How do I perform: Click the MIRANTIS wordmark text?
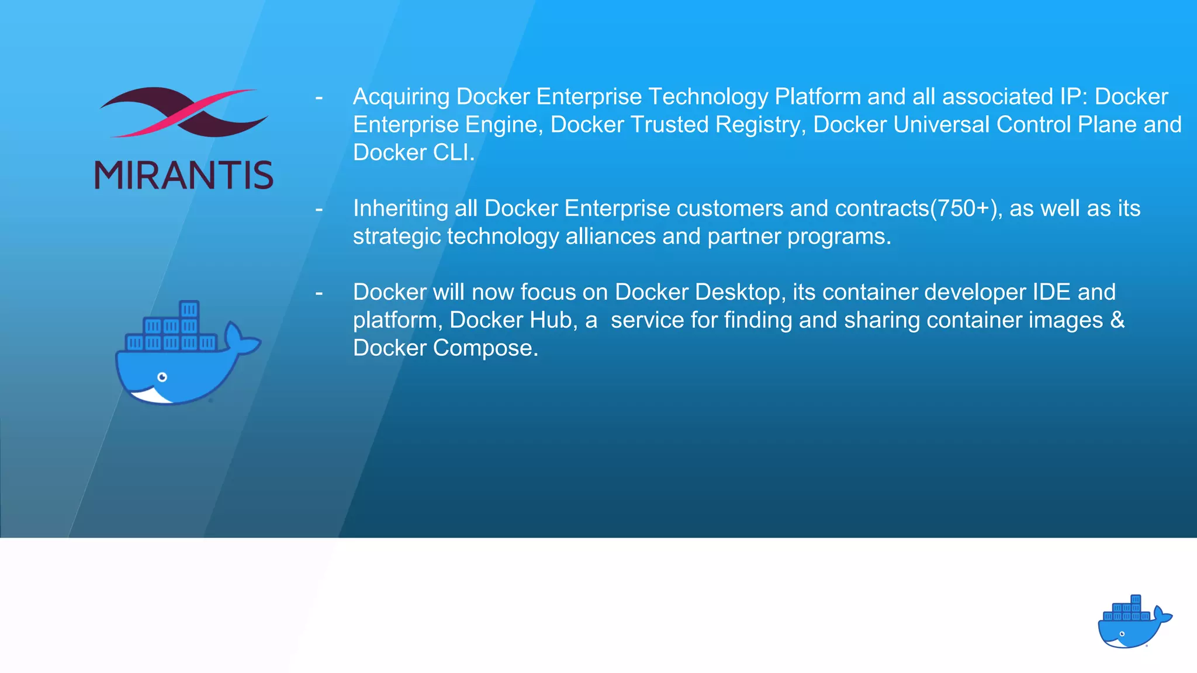184,175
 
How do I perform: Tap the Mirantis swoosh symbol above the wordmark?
184,112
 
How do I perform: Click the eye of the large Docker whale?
162,377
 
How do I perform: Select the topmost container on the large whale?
189,309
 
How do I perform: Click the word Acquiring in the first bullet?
401,97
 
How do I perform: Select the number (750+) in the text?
963,209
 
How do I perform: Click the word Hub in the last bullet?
553,320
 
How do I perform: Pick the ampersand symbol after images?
1117,320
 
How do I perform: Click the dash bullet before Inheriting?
319,209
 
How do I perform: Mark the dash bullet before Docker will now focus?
319,292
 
